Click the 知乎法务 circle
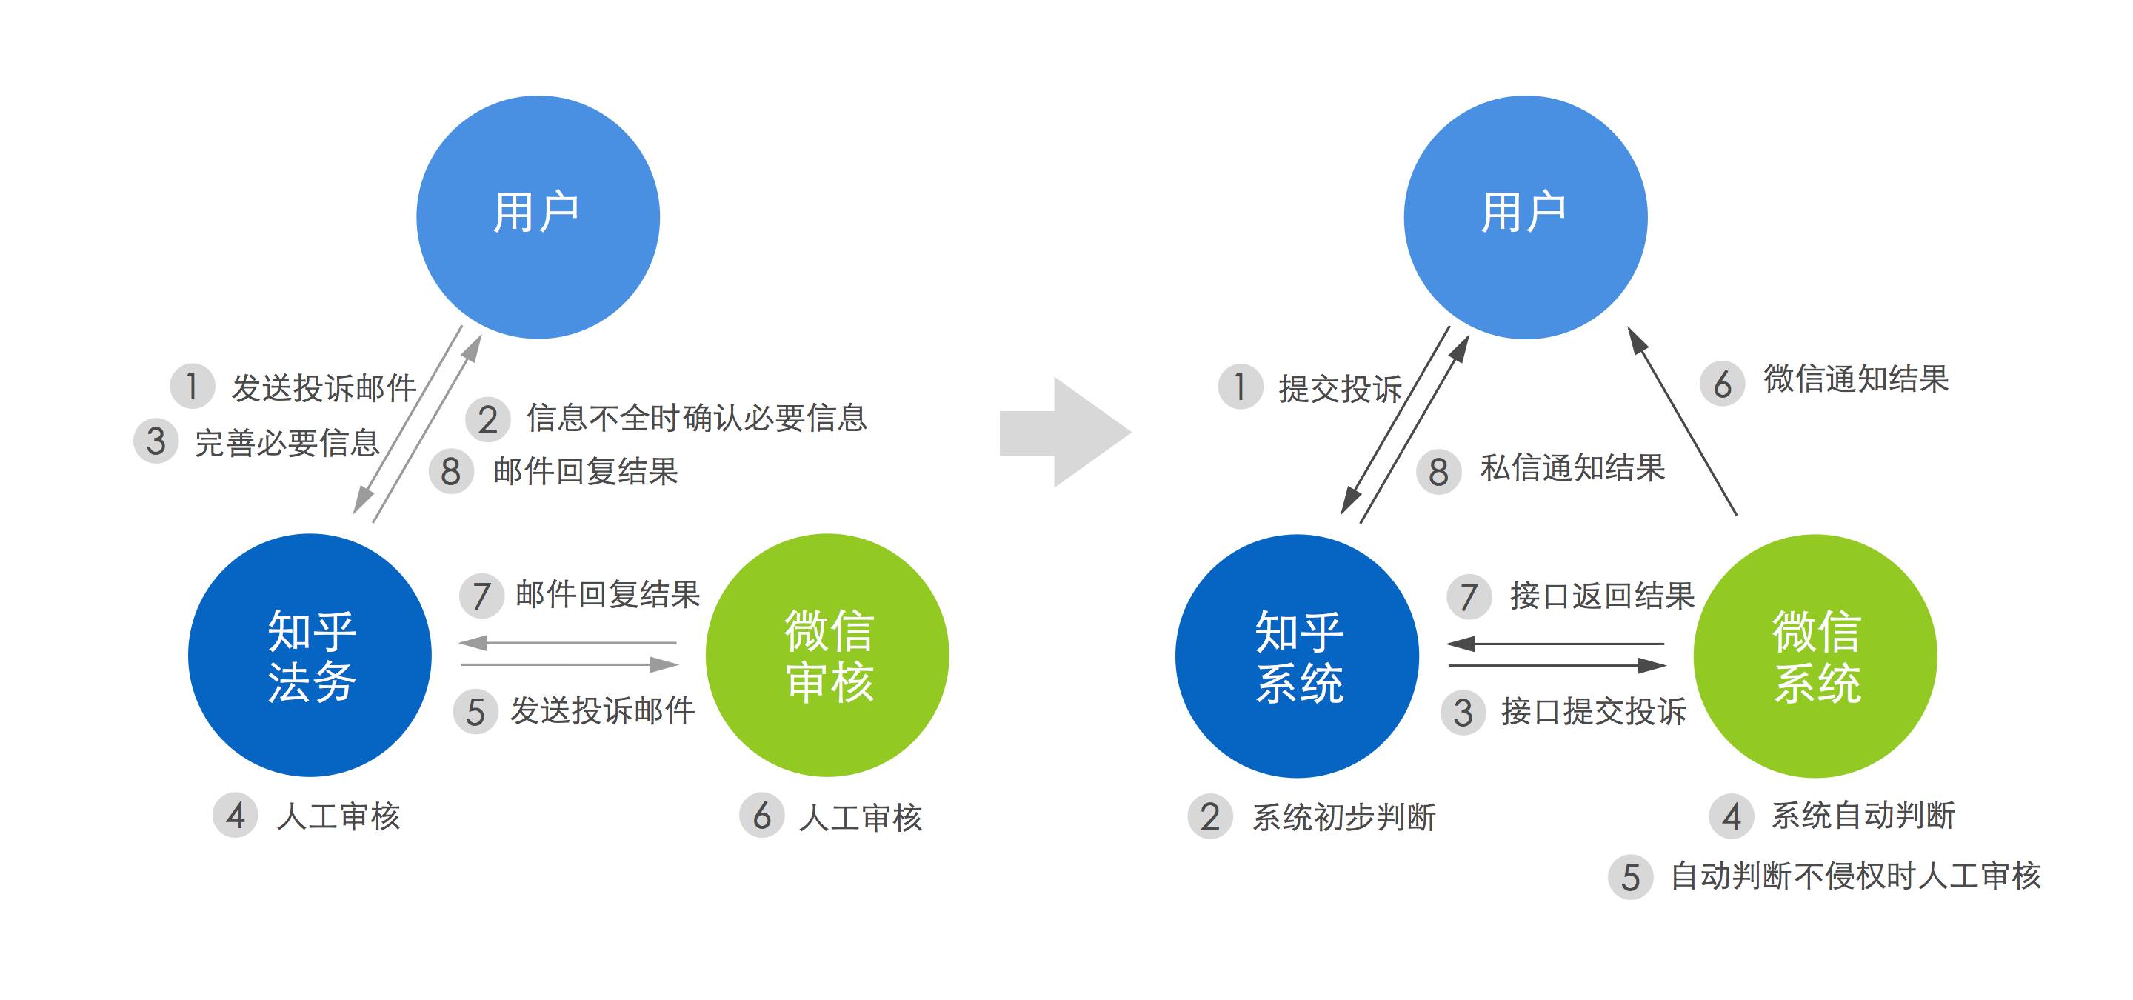click(310, 656)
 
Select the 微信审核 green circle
click(827, 656)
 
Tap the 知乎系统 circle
click(1298, 656)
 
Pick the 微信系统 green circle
click(1815, 656)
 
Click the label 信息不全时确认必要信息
click(696, 418)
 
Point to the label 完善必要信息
click(287, 443)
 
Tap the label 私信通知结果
click(1572, 469)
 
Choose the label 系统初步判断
click(1344, 818)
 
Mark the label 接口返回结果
click(1602, 596)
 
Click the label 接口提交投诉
click(1594, 712)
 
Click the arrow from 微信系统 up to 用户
click(1682, 421)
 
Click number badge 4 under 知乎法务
click(236, 816)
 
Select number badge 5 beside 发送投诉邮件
click(475, 712)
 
